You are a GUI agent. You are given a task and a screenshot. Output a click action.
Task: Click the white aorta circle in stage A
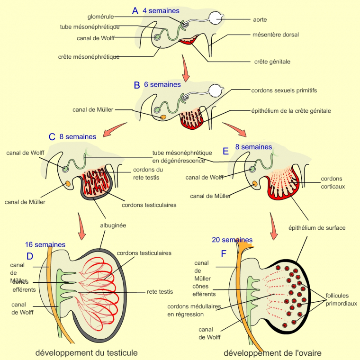click(216, 18)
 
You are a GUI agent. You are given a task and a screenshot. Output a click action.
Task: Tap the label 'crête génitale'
click(272, 62)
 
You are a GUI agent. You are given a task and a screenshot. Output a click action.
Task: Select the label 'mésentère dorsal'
click(276, 35)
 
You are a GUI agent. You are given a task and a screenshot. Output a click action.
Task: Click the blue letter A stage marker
click(135, 10)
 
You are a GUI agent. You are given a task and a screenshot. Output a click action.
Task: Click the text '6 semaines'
click(162, 85)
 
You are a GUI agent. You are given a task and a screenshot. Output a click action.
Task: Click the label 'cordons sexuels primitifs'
click(284, 90)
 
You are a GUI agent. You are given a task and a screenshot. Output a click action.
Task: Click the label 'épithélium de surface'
click(317, 228)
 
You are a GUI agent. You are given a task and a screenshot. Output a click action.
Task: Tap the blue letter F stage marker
click(224, 254)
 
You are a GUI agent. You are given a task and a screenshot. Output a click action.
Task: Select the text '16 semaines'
click(45, 244)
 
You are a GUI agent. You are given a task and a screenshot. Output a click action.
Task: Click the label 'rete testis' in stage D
click(159, 292)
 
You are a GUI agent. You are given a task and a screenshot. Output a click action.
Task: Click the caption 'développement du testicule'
click(86, 352)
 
